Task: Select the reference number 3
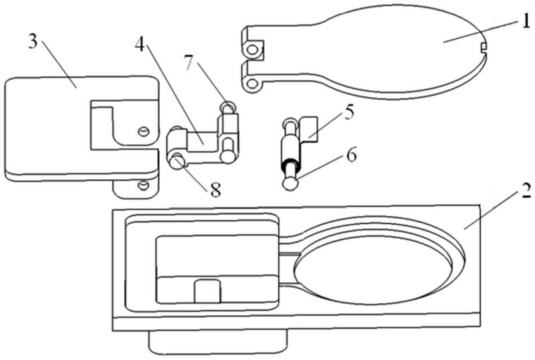[x=33, y=41]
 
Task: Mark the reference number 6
[x=350, y=156]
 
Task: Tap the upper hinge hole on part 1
[x=252, y=49]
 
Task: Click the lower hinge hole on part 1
[x=251, y=84]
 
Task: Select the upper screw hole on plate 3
[x=142, y=131]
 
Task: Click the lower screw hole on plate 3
[x=142, y=184]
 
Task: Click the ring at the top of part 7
[x=228, y=106]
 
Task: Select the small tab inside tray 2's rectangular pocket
[x=208, y=292]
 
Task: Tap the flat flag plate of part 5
[x=309, y=128]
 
